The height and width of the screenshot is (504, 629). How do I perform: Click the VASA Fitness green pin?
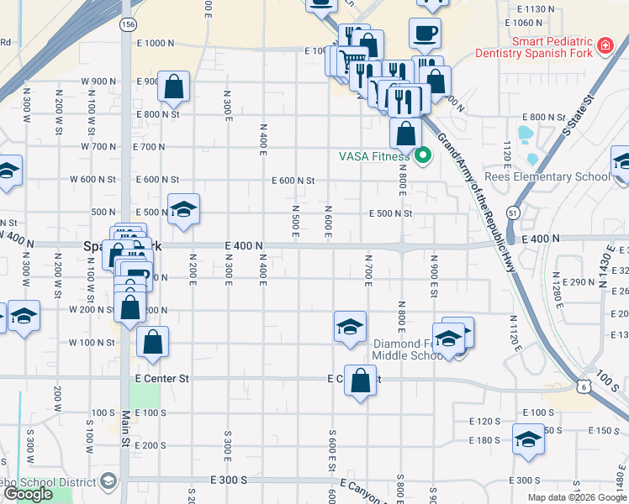pyautogui.click(x=423, y=155)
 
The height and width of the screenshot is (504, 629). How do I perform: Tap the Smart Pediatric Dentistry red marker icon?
pyautogui.click(x=604, y=45)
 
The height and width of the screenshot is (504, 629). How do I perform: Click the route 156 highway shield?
pyautogui.click(x=127, y=25)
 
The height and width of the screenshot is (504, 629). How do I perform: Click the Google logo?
pyautogui.click(x=28, y=494)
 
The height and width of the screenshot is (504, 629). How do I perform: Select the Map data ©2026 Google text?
pyautogui.click(x=576, y=497)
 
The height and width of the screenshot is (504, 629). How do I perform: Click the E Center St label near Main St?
pyautogui.click(x=162, y=379)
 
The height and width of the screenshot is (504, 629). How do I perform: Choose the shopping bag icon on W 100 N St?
pyautogui.click(x=152, y=342)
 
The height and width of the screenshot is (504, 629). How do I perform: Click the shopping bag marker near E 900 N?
pyautogui.click(x=174, y=87)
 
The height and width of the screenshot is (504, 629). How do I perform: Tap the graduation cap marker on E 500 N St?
pyautogui.click(x=182, y=210)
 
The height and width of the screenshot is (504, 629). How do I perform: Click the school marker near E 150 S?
pyautogui.click(x=528, y=439)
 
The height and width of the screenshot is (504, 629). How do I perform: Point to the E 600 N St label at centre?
pyautogui.click(x=293, y=181)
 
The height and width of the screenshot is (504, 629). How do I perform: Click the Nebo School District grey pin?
pyautogui.click(x=108, y=481)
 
